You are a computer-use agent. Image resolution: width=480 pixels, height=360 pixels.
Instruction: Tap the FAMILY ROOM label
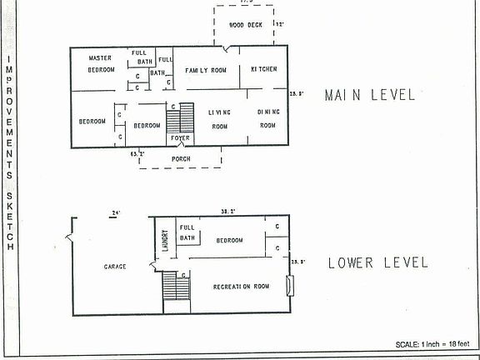[x=206, y=70]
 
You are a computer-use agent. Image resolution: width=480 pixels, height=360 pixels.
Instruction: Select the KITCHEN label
[x=262, y=69]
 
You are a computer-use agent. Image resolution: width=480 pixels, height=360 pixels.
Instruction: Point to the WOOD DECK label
[x=246, y=25]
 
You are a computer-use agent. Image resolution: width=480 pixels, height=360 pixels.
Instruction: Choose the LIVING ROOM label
[x=219, y=118]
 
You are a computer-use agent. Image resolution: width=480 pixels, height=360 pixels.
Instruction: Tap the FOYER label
[x=181, y=137]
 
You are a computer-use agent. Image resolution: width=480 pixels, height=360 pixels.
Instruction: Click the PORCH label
[x=181, y=158]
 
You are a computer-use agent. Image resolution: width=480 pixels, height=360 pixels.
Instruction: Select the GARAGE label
[x=114, y=267]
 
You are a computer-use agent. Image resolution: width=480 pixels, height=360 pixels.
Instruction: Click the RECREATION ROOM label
[x=242, y=287]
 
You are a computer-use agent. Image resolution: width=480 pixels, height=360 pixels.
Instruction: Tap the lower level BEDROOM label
[x=229, y=240]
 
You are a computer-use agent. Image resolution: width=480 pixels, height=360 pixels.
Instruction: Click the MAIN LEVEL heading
[x=369, y=95]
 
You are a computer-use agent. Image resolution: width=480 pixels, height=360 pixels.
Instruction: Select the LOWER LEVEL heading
[x=377, y=263]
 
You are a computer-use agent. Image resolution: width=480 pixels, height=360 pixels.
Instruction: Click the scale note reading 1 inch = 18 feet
[x=433, y=344]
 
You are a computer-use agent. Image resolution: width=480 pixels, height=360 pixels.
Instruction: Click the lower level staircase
[x=175, y=287]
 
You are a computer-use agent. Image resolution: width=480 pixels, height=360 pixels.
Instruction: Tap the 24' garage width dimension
[x=115, y=214]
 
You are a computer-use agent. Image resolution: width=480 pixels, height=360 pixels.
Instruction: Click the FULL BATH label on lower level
[x=187, y=232]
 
